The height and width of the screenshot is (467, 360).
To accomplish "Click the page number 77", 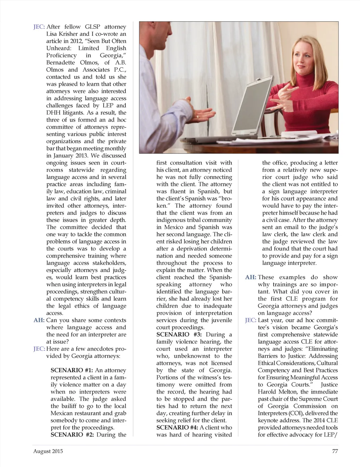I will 335,451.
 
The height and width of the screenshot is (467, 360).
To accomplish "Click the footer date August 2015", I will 48,451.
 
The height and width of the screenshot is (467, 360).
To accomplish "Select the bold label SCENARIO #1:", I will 72,370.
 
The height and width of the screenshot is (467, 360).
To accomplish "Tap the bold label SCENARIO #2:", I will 72,435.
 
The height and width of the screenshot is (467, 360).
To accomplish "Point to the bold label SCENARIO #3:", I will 179,335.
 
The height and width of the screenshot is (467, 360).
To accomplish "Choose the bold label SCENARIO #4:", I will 177,428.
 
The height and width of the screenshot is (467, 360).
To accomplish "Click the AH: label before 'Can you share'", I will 39,320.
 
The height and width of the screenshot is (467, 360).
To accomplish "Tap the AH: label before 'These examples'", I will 251,277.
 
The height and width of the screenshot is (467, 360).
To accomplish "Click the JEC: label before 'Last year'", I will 251,320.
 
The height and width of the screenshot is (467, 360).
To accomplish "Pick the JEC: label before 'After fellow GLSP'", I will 39,27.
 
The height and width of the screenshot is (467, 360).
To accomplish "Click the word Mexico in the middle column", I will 174,227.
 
